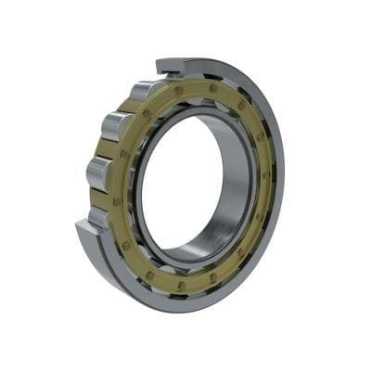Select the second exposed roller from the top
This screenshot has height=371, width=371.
pos(118,125)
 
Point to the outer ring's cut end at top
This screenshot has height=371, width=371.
pos(172,66)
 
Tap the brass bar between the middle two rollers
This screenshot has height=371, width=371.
pos(105,148)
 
